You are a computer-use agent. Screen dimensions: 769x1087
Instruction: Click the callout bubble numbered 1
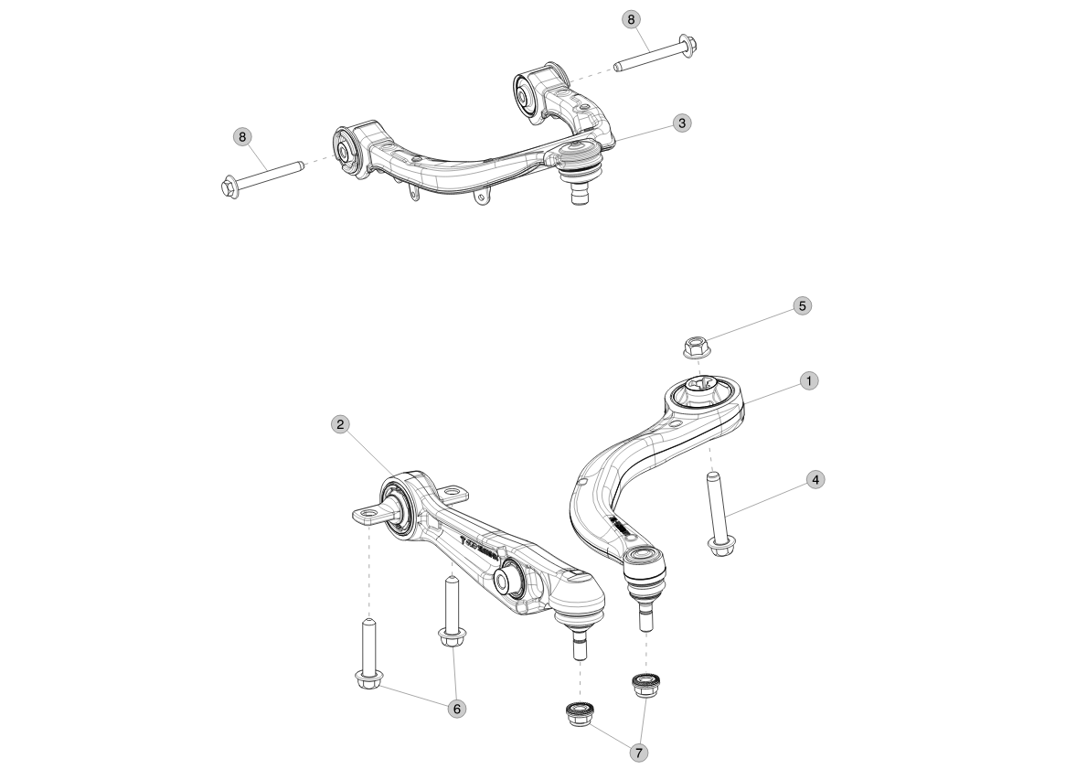808,379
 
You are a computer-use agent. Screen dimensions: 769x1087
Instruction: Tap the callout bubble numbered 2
340,424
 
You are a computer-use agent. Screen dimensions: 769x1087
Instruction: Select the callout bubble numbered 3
680,122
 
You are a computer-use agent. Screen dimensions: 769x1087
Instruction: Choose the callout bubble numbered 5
802,305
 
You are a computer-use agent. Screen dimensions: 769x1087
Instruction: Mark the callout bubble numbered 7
638,752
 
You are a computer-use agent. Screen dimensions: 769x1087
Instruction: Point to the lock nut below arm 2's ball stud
578,713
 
